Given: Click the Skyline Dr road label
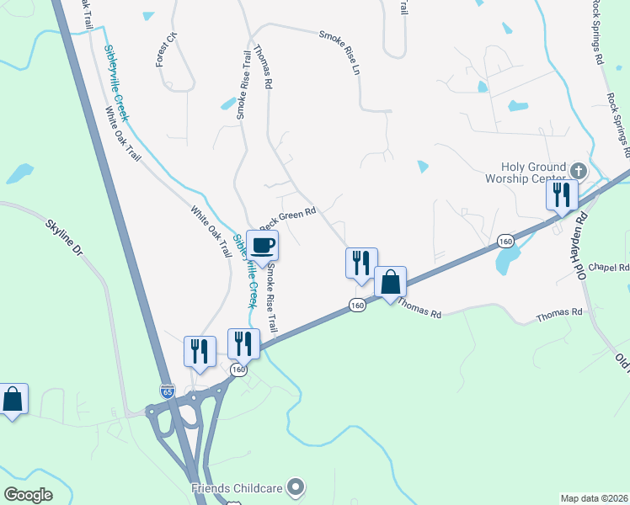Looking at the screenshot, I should [x=63, y=237].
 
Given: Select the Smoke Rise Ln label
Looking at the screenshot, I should [x=339, y=51].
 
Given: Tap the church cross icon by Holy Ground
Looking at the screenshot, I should [x=577, y=170].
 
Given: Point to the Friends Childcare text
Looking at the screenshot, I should [x=238, y=486].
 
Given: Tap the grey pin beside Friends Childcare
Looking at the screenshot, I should [x=295, y=486].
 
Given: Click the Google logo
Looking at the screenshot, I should [x=28, y=494].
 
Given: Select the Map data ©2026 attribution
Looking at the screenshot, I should [x=594, y=498].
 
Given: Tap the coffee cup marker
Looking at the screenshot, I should [x=262, y=245].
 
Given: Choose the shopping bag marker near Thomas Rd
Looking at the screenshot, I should [x=390, y=281].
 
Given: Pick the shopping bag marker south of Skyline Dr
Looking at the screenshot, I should [x=13, y=398].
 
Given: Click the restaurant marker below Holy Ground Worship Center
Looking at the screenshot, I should [x=561, y=194].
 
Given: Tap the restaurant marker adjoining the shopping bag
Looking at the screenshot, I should [x=361, y=262].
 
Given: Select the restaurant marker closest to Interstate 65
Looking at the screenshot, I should [x=200, y=351].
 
